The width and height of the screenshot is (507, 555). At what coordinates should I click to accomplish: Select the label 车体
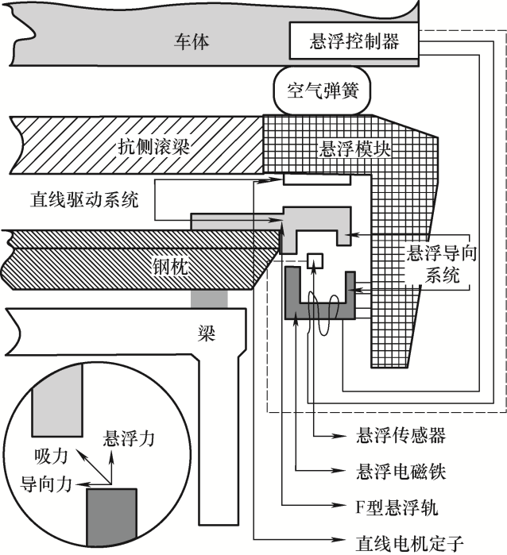(x=192, y=41)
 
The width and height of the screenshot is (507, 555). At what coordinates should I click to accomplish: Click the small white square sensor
(x=315, y=260)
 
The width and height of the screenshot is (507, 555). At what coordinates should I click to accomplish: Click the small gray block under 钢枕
(x=210, y=299)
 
